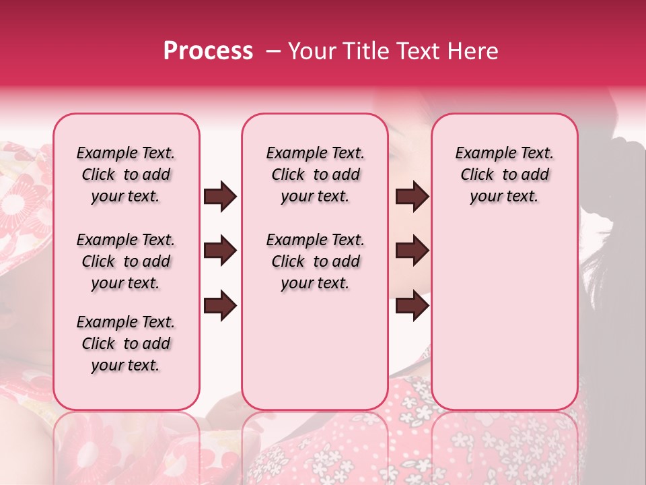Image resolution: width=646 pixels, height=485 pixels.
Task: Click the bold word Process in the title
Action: click(208, 51)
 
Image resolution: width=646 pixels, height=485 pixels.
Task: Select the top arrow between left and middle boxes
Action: click(220, 197)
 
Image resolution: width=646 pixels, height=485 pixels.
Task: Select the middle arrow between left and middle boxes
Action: click(220, 251)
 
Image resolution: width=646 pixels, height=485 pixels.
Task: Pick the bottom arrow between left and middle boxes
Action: click(220, 306)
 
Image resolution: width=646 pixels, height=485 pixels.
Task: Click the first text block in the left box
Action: click(126, 174)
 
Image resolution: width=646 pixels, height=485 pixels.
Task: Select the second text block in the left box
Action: click(126, 261)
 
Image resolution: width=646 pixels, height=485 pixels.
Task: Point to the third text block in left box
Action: click(126, 344)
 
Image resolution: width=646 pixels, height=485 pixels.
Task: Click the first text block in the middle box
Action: click(315, 174)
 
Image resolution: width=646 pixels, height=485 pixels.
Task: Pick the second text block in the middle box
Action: click(315, 261)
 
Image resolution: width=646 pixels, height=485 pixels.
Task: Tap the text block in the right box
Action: click(504, 174)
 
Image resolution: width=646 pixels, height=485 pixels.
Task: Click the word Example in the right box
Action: click(482, 154)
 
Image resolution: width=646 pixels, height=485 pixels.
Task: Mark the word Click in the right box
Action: click(477, 175)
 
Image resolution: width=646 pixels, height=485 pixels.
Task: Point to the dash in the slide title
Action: click(273, 51)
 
